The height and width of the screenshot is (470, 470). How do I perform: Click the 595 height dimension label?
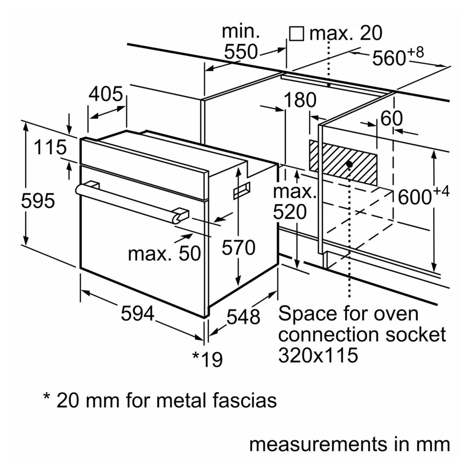[x=38, y=201]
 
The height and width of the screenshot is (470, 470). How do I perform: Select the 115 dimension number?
[x=51, y=148]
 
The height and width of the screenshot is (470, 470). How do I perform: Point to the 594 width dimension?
[x=138, y=314]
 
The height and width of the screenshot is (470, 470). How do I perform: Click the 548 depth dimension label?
[x=243, y=317]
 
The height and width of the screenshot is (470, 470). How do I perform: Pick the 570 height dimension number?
[x=238, y=248]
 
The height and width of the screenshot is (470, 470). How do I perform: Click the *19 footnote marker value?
[x=207, y=358]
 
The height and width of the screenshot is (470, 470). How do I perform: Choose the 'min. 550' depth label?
[x=241, y=42]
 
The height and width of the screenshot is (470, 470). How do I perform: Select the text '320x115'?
[x=318, y=355]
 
